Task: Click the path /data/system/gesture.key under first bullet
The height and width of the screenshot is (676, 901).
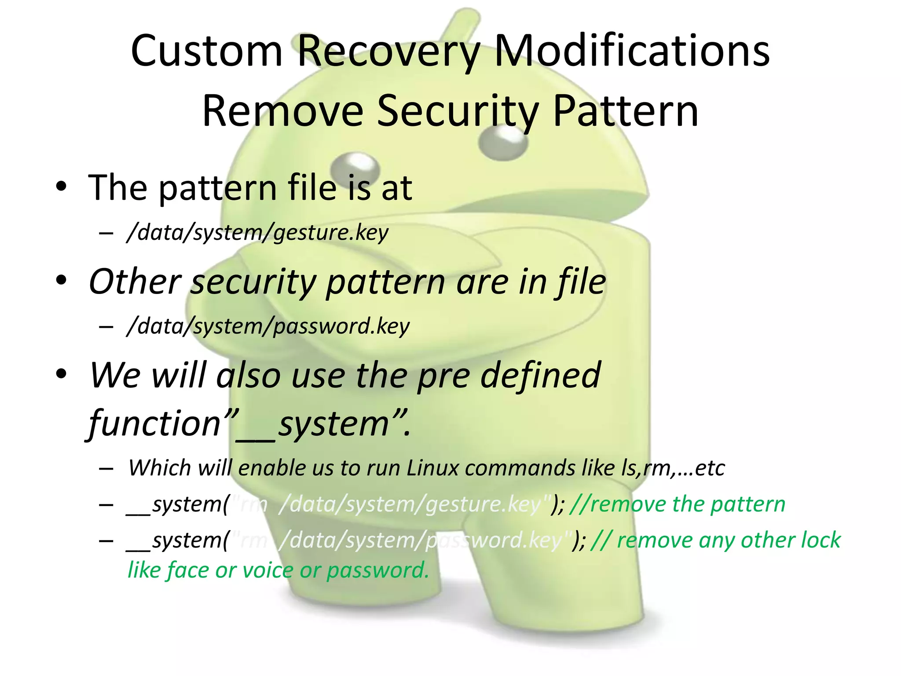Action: click(257, 232)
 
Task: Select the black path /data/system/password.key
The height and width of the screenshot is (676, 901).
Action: click(268, 326)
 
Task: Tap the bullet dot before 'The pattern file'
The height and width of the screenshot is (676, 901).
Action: click(61, 187)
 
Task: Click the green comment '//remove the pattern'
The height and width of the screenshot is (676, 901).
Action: click(678, 504)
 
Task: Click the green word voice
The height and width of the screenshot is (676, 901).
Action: click(268, 570)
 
